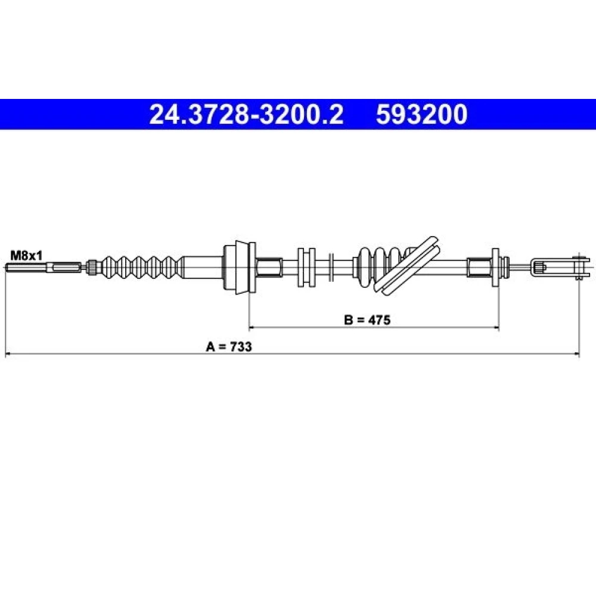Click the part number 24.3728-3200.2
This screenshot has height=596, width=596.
pos(246,114)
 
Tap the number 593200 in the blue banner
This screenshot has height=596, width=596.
pos(421,114)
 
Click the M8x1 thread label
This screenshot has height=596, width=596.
pos(26,256)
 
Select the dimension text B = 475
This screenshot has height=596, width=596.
pos(367,320)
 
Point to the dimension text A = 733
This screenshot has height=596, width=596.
pos(229,347)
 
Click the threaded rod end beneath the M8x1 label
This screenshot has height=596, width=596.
pos(44,268)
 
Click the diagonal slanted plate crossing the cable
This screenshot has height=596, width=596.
pos(406,265)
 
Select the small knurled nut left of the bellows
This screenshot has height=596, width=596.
pos(92,266)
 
